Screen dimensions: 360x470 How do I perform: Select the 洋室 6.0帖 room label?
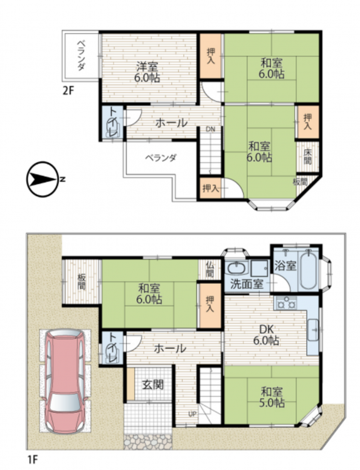147,71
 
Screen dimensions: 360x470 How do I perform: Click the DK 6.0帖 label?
266,335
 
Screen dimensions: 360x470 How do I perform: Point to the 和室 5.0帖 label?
272,397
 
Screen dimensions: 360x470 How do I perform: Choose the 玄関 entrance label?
153,384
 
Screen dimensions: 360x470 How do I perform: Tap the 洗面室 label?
247,284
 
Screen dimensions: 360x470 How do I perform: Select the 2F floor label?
68,90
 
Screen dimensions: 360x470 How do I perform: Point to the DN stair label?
211,129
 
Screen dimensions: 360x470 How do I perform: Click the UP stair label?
193,414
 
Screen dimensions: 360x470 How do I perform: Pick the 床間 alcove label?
307,156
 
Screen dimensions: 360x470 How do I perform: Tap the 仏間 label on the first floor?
209,269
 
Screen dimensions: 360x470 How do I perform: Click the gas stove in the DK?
285,303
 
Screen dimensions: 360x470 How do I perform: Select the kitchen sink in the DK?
313,330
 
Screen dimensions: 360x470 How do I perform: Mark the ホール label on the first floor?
170,348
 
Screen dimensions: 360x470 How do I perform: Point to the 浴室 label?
285,266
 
